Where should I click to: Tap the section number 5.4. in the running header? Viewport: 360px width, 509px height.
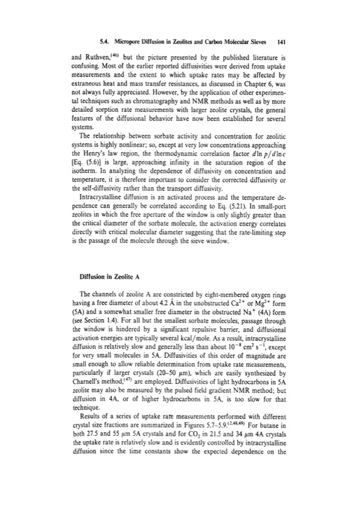[x=105, y=43]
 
